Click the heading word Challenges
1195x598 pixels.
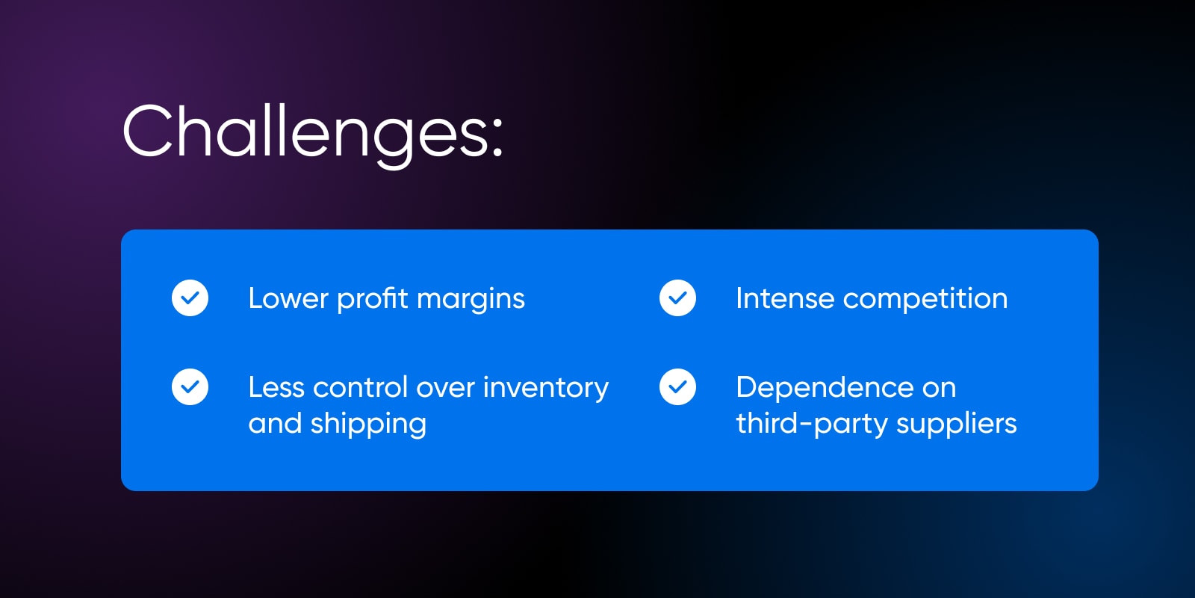304,135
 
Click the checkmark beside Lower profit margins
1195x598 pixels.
190,298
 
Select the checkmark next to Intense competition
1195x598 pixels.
677,298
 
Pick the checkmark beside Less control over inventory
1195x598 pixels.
190,387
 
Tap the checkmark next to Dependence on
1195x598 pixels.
677,387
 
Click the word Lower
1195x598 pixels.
288,298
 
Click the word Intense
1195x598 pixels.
785,298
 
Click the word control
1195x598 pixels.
360,387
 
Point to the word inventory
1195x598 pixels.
546,389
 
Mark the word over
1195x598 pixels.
445,389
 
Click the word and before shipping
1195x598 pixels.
275,423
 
